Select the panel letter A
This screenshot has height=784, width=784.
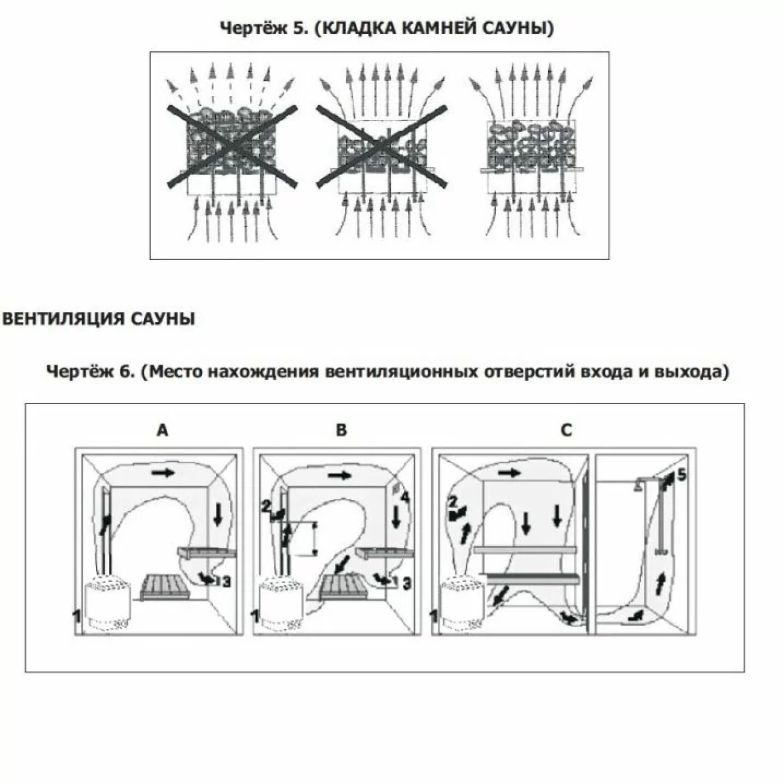pos(162,429)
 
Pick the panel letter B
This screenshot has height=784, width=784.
pos(341,429)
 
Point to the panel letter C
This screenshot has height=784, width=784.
pos(566,429)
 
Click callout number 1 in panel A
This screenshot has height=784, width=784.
pos(77,617)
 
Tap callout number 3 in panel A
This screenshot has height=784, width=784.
pos(226,582)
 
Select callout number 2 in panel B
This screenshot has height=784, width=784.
pos(266,507)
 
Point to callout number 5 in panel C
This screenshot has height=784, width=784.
pos(681,475)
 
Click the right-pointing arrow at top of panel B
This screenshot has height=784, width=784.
pos(340,475)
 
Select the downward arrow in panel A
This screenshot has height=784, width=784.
pos(218,516)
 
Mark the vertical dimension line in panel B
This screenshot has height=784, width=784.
pos(314,539)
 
